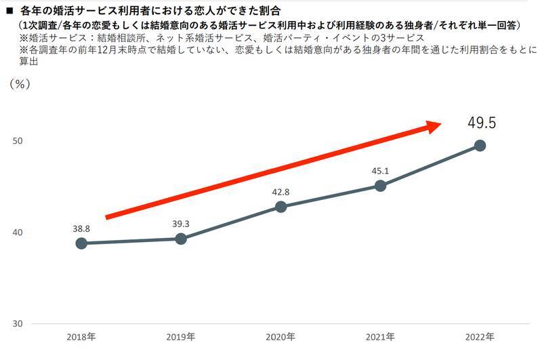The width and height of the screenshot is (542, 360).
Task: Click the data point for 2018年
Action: point(81,243)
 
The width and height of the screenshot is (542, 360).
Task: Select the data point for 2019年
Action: point(181,239)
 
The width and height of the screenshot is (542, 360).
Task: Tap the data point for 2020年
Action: point(280,207)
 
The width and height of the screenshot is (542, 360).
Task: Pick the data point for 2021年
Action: point(380,186)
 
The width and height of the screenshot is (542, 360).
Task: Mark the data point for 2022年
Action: point(480,145)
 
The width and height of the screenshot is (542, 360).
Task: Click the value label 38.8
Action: point(81,228)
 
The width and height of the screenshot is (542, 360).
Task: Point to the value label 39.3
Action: point(181,224)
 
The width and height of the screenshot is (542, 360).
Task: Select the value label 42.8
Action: point(280,193)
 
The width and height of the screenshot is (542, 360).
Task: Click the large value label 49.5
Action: point(482,123)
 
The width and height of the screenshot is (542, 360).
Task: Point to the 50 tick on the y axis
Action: point(18,141)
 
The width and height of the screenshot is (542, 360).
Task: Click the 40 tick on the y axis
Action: point(18,233)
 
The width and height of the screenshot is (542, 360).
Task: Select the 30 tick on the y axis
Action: point(18,323)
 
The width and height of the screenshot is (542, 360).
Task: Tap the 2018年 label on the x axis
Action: point(81,337)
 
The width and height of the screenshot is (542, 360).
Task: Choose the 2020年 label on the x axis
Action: point(280,337)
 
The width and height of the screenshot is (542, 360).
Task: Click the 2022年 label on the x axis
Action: point(480,337)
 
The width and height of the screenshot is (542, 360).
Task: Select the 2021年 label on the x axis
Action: point(380,337)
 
